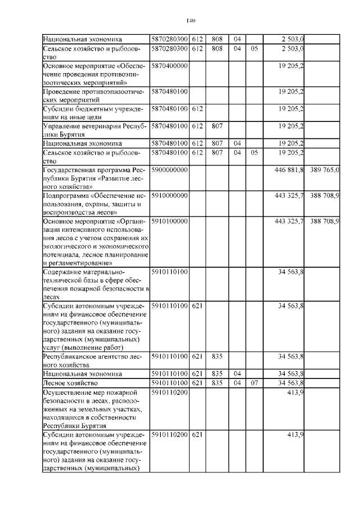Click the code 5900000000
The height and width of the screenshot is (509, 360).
[x=169, y=169]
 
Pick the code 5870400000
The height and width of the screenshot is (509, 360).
[x=169, y=66]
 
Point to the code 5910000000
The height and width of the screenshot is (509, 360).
[x=169, y=195]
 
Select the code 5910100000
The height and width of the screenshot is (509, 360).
[x=169, y=222]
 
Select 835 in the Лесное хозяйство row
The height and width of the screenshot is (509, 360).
[x=217, y=382]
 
